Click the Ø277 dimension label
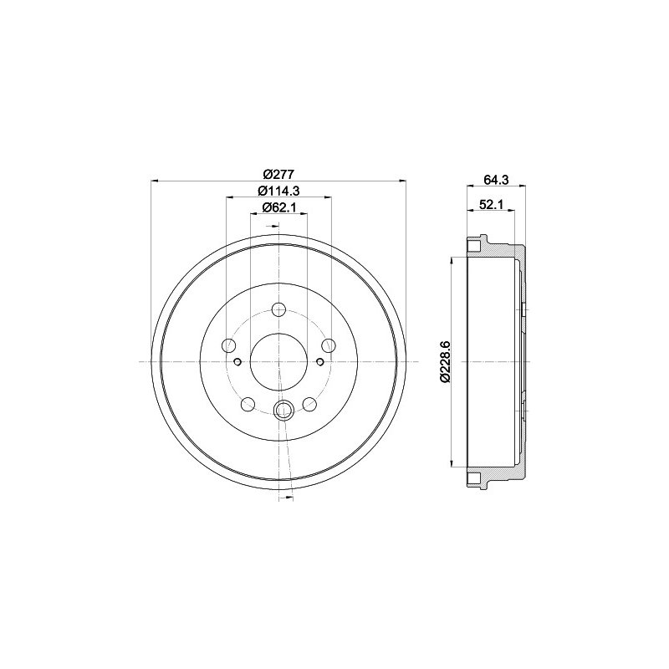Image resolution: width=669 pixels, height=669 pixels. pyautogui.click(x=279, y=174)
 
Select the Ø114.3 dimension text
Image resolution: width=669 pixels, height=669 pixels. pyautogui.click(x=278, y=191)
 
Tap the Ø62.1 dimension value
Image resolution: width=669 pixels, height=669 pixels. pyautogui.click(x=278, y=207)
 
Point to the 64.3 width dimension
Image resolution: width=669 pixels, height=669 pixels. pyautogui.click(x=496, y=180)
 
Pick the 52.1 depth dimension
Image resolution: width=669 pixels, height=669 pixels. pyautogui.click(x=491, y=204)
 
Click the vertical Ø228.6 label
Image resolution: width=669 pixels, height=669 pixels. pyautogui.click(x=444, y=361)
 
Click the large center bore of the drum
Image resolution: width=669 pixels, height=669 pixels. pyautogui.click(x=278, y=362)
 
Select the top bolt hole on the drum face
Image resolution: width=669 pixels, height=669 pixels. pyautogui.click(x=278, y=309)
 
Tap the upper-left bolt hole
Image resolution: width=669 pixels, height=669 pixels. pyautogui.click(x=229, y=345)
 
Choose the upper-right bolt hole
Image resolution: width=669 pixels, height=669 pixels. pyautogui.click(x=329, y=345)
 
